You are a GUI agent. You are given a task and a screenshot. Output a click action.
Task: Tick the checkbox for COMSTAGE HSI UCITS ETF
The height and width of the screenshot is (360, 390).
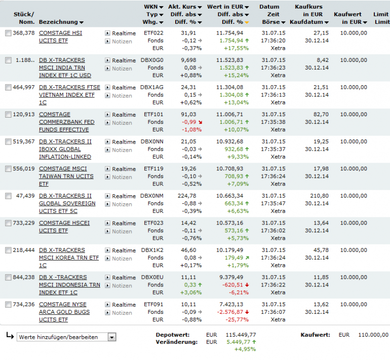click(x=8, y=33)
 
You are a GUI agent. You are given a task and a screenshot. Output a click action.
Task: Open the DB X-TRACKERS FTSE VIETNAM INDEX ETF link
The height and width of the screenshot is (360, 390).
click(x=69, y=95)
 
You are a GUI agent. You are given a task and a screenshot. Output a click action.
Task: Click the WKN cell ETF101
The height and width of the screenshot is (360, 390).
click(x=153, y=115)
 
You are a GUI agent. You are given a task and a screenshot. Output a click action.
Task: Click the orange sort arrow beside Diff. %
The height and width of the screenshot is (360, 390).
click(x=247, y=22)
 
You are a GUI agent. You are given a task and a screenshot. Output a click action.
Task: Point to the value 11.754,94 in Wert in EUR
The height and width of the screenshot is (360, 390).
click(x=229, y=33)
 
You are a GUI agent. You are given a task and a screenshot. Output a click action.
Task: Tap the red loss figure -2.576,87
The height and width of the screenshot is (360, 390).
click(x=230, y=312)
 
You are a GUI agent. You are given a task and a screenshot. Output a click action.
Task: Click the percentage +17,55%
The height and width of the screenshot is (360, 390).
click(x=236, y=48)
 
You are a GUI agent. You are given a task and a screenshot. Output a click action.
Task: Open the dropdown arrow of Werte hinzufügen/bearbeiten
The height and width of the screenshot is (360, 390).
click(x=112, y=337)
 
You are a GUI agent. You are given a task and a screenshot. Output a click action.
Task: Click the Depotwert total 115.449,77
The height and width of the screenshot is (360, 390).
click(x=241, y=335)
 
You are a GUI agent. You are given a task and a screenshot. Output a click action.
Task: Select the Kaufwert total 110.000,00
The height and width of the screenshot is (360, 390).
click(x=373, y=335)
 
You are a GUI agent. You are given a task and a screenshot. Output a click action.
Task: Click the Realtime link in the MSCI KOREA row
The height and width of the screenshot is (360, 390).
click(x=124, y=250)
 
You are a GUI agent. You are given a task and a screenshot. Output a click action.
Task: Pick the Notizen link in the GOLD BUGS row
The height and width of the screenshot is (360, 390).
click(x=122, y=313)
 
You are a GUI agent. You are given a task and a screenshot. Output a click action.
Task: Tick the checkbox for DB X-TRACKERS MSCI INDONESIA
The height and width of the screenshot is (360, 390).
click(x=8, y=277)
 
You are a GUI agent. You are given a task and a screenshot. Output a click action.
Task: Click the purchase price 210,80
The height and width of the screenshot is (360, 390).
click(x=319, y=196)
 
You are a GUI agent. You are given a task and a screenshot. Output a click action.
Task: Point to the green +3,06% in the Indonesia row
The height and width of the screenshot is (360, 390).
click(x=191, y=293)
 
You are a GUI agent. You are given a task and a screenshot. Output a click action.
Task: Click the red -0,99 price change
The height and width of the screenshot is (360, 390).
click(x=189, y=122)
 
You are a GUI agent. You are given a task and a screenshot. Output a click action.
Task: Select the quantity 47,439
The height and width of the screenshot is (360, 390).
click(x=25, y=196)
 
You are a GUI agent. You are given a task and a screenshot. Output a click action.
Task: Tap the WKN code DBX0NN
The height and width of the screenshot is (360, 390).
click(x=152, y=141)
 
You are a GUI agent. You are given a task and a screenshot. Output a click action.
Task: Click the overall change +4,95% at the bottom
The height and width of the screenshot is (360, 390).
click(x=245, y=349)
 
